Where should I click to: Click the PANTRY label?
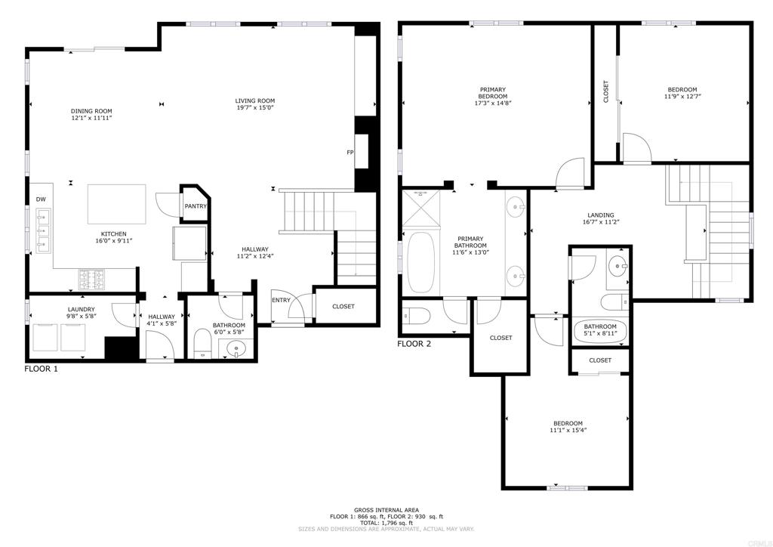196,206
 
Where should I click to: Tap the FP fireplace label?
350,153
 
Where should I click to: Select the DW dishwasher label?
41,199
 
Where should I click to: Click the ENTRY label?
281,300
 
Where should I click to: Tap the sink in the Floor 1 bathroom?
236,349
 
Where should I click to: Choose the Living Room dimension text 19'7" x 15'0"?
254,108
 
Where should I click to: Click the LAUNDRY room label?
81,309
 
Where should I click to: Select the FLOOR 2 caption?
414,345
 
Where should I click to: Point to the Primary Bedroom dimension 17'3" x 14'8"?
492,104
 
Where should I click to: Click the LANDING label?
601,215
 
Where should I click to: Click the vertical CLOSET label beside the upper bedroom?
605,91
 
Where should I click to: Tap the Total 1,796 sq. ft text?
385,523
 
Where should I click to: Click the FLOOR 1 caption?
41,369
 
